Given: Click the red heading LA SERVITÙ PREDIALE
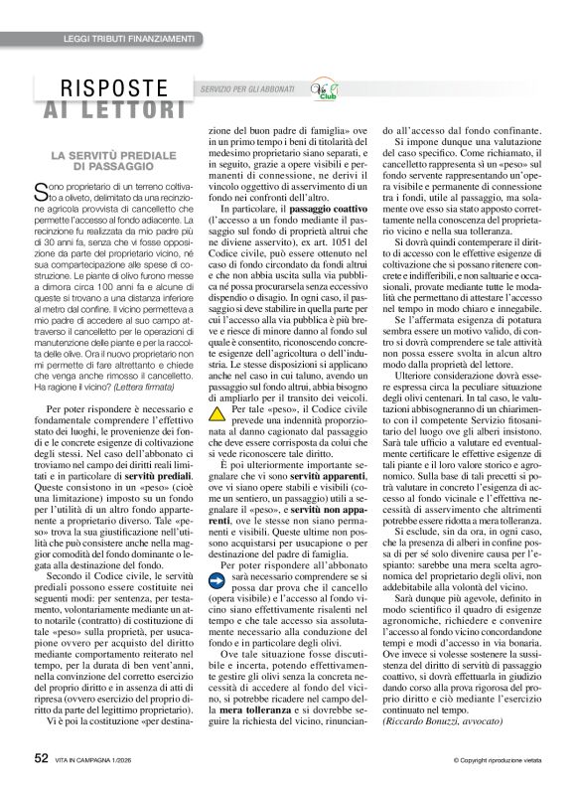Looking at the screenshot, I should (x=114, y=158).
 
